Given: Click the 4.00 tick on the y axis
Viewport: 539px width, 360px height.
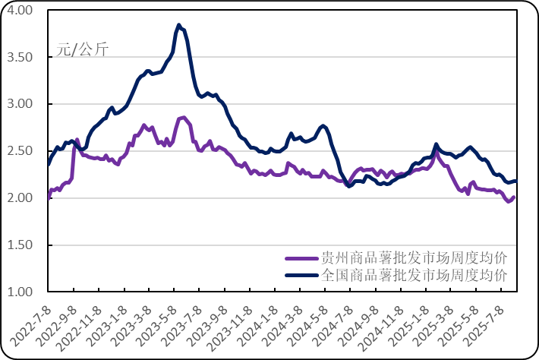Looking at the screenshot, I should coord(21,10).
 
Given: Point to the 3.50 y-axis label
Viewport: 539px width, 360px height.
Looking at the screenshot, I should coord(21,57).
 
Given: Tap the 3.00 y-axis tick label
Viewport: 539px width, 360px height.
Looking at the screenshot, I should coord(21,104).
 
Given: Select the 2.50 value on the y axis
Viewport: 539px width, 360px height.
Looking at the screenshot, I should coord(21,151).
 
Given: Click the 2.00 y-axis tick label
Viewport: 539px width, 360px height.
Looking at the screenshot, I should coord(21,198).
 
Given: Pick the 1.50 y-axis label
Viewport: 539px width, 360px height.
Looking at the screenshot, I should coord(21,245).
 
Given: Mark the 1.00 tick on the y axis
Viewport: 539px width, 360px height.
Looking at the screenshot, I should coord(21,292).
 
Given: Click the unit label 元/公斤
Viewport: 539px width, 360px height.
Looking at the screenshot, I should coord(82,51).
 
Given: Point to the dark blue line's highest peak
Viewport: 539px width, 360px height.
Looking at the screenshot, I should coord(178,24).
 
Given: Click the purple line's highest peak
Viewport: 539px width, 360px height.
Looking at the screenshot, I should coord(182,116).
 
